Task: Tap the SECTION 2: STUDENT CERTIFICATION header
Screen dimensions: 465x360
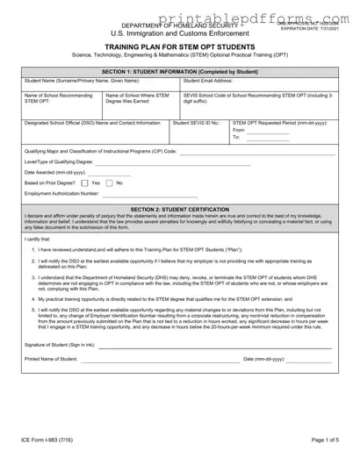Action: point(179,210)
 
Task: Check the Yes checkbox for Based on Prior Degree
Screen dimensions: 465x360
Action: point(84,182)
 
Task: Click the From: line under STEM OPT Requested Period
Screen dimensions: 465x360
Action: point(264,130)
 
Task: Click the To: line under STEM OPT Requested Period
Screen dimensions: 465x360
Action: point(264,138)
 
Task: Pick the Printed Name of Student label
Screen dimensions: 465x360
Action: point(51,359)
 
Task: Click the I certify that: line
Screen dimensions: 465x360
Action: point(38,238)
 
